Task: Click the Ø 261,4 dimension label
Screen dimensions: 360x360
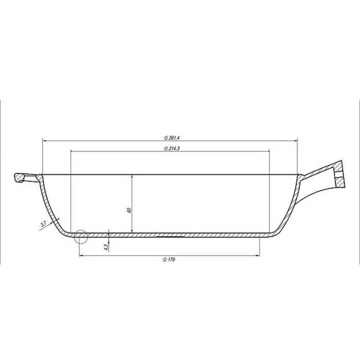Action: tap(171, 138)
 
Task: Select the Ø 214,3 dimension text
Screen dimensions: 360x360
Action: tap(172, 148)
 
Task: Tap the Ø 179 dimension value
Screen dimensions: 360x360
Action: tap(169, 259)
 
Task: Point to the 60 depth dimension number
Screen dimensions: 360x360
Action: tap(129, 210)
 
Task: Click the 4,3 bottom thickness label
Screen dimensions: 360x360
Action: tap(106, 247)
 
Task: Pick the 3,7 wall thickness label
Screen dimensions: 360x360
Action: tap(43, 224)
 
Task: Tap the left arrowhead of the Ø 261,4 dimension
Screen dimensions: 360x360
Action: tap(45, 141)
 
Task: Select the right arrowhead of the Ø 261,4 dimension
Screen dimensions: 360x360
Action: tap(295, 141)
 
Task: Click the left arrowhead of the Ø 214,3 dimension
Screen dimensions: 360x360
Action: tap(73, 151)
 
